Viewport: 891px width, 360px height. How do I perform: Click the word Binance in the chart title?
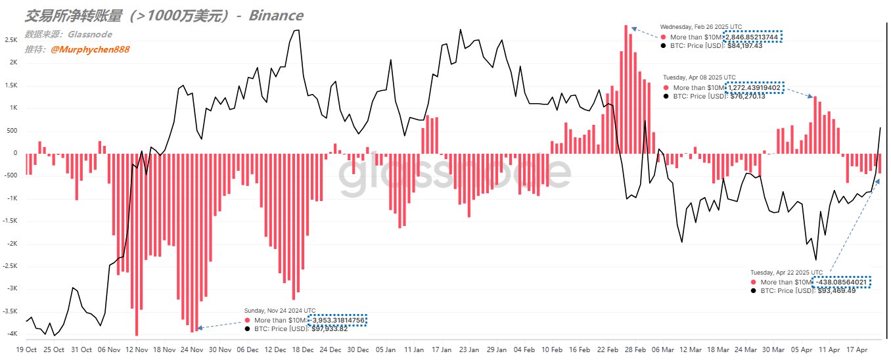pyautogui.click(x=276, y=15)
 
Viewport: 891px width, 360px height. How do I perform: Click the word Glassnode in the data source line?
pyautogui.click(x=91, y=34)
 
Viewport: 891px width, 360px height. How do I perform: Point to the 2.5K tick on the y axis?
pyautogui.click(x=11, y=40)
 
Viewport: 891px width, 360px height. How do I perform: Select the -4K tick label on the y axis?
pyautogui.click(x=11, y=334)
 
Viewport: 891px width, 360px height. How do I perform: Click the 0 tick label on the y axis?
pyautogui.click(x=14, y=153)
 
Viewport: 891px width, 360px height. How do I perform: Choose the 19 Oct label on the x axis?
pyautogui.click(x=26, y=350)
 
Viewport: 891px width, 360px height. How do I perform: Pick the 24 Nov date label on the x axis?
pyautogui.click(x=191, y=350)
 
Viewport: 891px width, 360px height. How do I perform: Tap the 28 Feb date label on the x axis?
pyautogui.click(x=634, y=350)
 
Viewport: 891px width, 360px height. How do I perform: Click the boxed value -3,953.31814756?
pyautogui.click(x=336, y=320)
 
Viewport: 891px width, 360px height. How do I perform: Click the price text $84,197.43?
pyautogui.click(x=743, y=46)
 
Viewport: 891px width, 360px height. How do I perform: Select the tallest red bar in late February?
pyautogui.click(x=626, y=89)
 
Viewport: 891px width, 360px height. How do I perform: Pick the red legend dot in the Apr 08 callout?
pyautogui.click(x=666, y=87)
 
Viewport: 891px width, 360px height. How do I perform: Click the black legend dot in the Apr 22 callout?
pyautogui.click(x=754, y=290)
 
